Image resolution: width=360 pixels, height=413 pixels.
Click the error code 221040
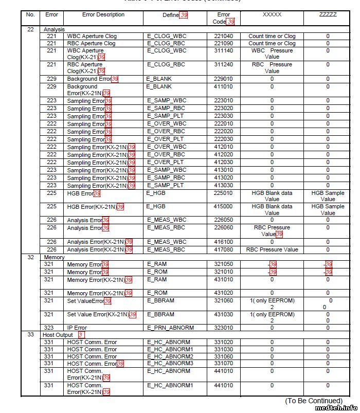223,37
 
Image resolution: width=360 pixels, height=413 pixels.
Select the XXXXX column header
272,15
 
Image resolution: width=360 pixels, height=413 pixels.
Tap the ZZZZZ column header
328,15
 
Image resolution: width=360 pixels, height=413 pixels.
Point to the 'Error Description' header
103,15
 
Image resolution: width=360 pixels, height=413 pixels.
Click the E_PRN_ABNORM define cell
169,328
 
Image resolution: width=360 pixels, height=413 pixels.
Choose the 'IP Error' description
77,328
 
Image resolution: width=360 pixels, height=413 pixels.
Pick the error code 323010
223,328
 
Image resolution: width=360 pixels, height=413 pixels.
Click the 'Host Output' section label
58,335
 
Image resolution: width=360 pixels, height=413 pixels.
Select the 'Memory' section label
54,257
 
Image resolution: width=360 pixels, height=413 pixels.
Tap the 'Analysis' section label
55,30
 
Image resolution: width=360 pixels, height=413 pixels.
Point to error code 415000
223,206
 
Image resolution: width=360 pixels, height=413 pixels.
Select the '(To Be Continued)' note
314,401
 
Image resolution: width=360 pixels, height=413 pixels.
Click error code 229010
223,79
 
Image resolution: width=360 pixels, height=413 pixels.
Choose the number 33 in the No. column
30,335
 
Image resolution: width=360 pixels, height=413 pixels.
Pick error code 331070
223,364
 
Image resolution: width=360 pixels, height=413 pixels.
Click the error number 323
49,328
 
